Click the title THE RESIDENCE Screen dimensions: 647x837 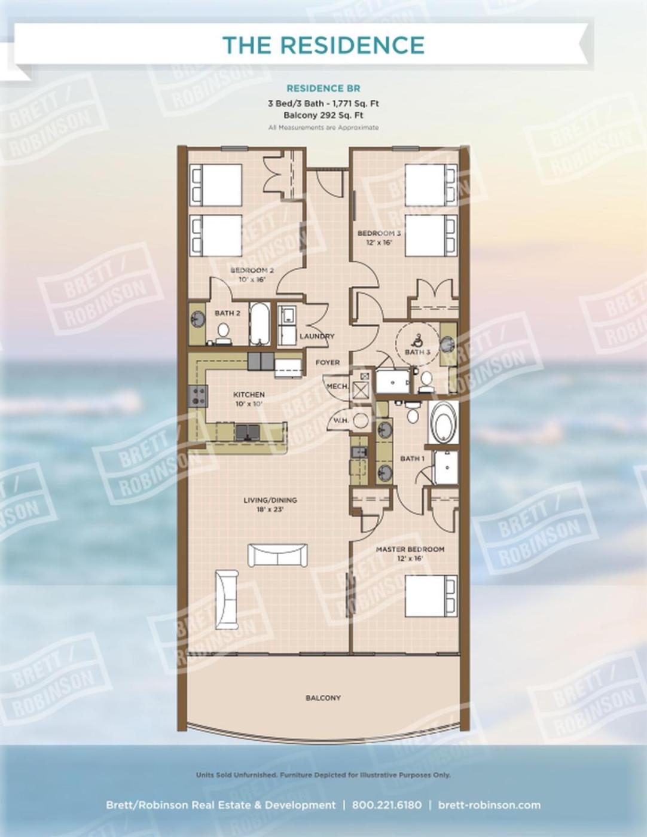pyautogui.click(x=323, y=45)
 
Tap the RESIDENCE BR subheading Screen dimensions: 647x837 pyautogui.click(x=323, y=88)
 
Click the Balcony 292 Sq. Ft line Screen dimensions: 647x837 pyautogui.click(x=323, y=115)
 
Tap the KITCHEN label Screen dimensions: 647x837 pyautogui.click(x=249, y=395)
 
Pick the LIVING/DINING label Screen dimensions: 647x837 pyautogui.click(x=270, y=500)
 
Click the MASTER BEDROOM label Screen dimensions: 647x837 pyautogui.click(x=410, y=549)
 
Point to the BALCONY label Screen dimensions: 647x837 pyautogui.click(x=323, y=698)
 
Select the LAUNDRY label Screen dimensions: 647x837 pyautogui.click(x=317, y=336)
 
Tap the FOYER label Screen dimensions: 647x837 pyautogui.click(x=328, y=362)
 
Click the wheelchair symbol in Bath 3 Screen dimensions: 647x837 pyautogui.click(x=417, y=340)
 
